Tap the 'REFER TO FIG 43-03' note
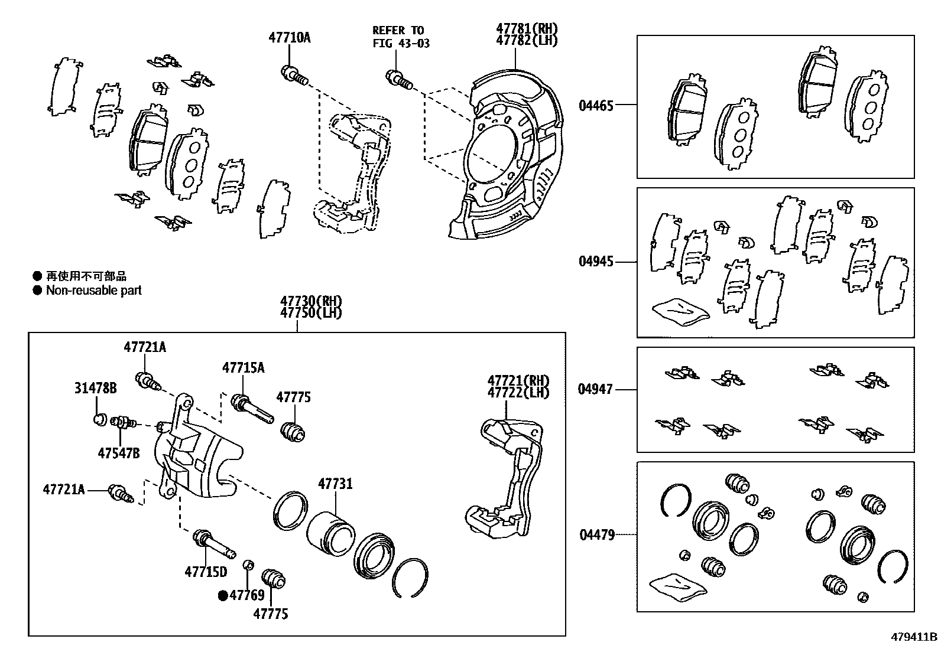coord(400,37)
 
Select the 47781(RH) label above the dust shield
coord(526,29)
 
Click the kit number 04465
coord(596,106)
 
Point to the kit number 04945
coord(596,262)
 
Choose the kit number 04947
coord(596,389)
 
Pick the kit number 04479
coord(597,535)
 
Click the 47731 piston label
coord(335,484)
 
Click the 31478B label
coord(95,388)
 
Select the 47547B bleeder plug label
coord(119,453)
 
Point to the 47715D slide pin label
coord(206,572)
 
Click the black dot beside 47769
coord(223,596)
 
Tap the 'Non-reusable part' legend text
coord(94,290)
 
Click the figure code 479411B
coord(914,637)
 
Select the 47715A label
coord(243,368)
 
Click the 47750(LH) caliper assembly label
coord(311,313)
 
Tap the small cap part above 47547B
coord(100,420)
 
